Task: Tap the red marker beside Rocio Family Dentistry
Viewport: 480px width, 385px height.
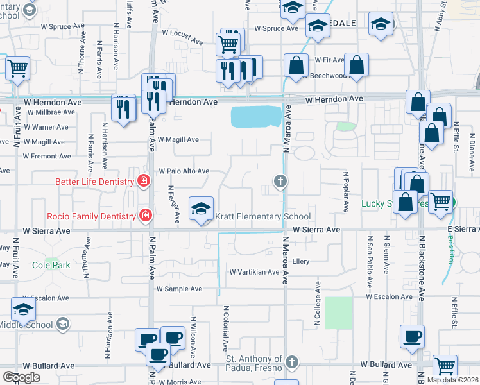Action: pyautogui.click(x=146, y=215)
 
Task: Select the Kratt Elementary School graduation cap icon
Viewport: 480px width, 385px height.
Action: pyautogui.click(x=201, y=209)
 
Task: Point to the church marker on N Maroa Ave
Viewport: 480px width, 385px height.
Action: pyautogui.click(x=280, y=182)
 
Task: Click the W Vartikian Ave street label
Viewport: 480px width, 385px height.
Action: pyautogui.click(x=255, y=272)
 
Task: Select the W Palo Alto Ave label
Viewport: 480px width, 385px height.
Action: pyautogui.click(x=184, y=171)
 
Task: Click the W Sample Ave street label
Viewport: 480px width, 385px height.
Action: pyautogui.click(x=180, y=289)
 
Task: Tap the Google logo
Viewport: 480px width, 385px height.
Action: pyautogui.click(x=21, y=377)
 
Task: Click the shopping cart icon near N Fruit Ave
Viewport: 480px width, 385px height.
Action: pyautogui.click(x=18, y=67)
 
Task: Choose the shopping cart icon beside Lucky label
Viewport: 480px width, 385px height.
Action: pyautogui.click(x=440, y=201)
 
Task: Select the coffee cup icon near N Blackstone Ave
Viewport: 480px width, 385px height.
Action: pyautogui.click(x=412, y=336)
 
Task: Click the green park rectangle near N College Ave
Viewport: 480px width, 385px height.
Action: pyautogui.click(x=339, y=312)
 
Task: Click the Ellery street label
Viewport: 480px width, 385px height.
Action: pyautogui.click(x=301, y=262)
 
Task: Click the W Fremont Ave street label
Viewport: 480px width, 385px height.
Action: pyautogui.click(x=46, y=156)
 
